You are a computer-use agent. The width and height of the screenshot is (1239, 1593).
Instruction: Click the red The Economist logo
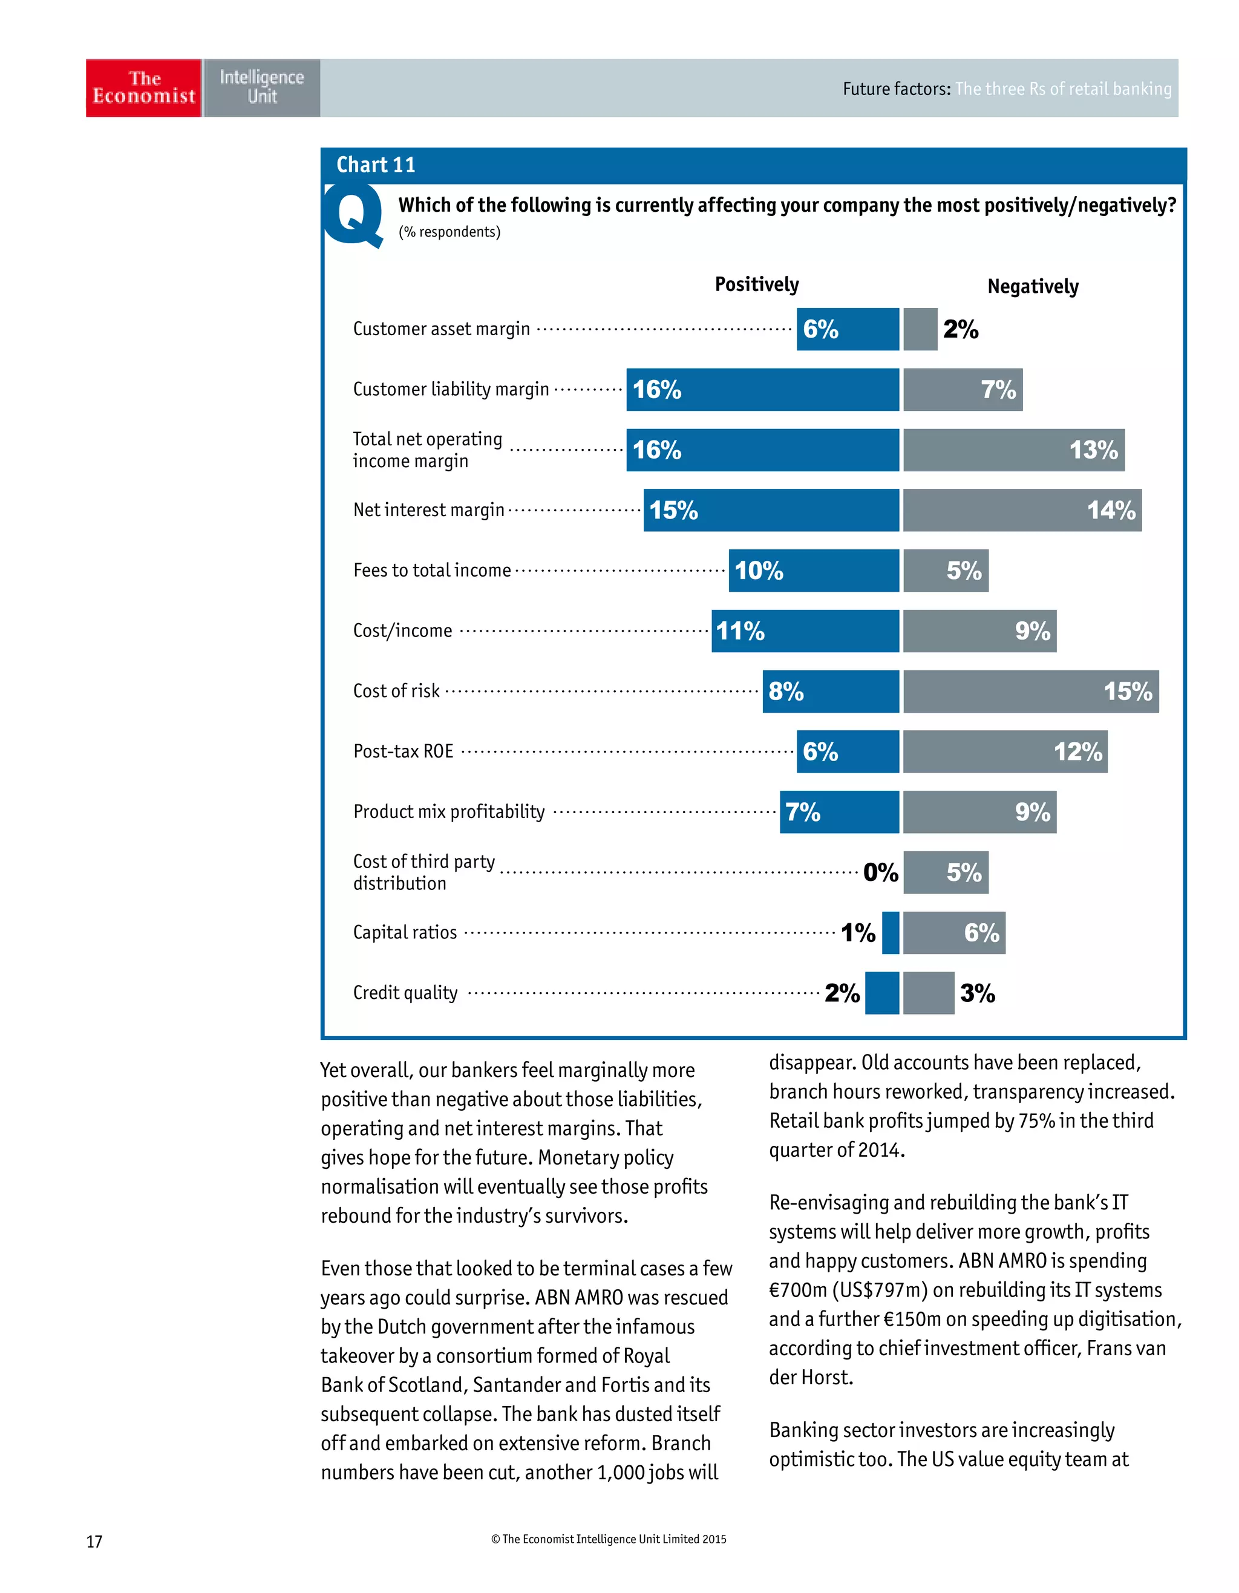pyautogui.click(x=143, y=88)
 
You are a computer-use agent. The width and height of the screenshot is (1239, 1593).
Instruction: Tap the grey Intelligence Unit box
pyautogui.click(x=261, y=88)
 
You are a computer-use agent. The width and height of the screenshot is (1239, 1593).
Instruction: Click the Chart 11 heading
pyautogui.click(x=376, y=165)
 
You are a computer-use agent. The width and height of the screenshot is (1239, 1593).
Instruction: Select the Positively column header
pyautogui.click(x=756, y=284)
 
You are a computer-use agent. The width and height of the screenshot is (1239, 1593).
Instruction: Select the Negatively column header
pyautogui.click(x=1032, y=287)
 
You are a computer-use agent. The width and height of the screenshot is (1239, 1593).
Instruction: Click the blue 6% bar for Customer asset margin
pyautogui.click(x=848, y=329)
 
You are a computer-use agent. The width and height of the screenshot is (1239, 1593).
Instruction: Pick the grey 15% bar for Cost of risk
pyautogui.click(x=1030, y=691)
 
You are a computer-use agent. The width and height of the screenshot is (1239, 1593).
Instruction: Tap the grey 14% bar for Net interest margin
pyautogui.click(x=1022, y=510)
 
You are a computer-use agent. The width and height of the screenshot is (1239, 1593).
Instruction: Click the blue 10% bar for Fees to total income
pyautogui.click(x=813, y=571)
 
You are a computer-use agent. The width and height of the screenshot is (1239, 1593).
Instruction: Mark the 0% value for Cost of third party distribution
pyautogui.click(x=880, y=872)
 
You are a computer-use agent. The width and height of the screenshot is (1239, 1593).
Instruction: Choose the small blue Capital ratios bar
pyautogui.click(x=891, y=932)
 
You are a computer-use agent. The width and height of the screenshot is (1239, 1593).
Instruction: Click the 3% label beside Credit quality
pyautogui.click(x=977, y=993)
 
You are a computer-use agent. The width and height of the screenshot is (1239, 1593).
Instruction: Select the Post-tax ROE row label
pyautogui.click(x=404, y=751)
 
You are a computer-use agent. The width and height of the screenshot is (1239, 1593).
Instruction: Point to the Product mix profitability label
pyautogui.click(x=448, y=812)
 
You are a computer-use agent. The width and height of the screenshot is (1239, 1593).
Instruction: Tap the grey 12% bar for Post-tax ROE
pyautogui.click(x=1005, y=751)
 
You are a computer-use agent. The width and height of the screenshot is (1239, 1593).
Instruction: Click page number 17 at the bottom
pyautogui.click(x=94, y=1541)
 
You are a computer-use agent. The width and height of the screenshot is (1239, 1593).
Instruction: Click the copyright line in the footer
pyautogui.click(x=608, y=1539)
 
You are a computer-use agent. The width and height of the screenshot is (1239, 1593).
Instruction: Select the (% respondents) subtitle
pyautogui.click(x=450, y=232)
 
